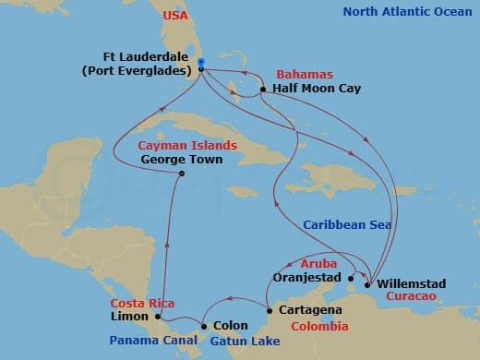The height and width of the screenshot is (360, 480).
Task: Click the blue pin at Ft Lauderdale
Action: point(200,64)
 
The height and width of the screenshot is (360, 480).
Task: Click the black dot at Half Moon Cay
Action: point(263,90)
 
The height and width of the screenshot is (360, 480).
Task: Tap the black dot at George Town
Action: point(182,174)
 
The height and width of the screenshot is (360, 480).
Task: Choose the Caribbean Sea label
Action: point(347,224)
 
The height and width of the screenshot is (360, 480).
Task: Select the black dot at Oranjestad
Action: point(352,277)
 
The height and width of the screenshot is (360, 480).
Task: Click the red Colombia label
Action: point(319,327)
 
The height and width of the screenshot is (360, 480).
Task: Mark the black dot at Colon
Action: point(203,326)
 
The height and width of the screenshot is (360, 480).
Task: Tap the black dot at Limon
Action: point(159,317)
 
